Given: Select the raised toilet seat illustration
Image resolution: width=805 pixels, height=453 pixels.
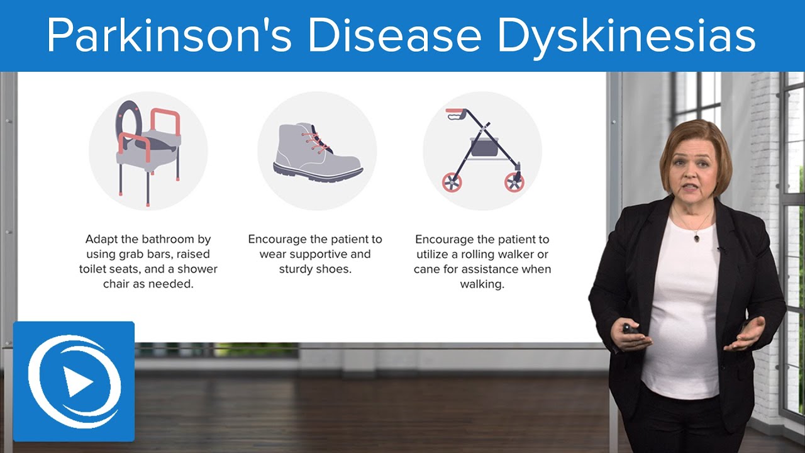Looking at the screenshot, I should pos(148,151).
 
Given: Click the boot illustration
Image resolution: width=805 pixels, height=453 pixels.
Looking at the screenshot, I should pos(317,153).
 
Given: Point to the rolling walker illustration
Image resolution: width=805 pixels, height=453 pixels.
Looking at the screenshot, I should pos(483,151).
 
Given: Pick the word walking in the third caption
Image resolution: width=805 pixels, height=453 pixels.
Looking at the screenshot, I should pos(482,284).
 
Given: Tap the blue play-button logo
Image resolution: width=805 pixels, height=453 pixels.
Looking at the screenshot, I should pos(74,381).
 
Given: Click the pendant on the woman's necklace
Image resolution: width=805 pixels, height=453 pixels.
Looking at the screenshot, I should pos(696,237).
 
